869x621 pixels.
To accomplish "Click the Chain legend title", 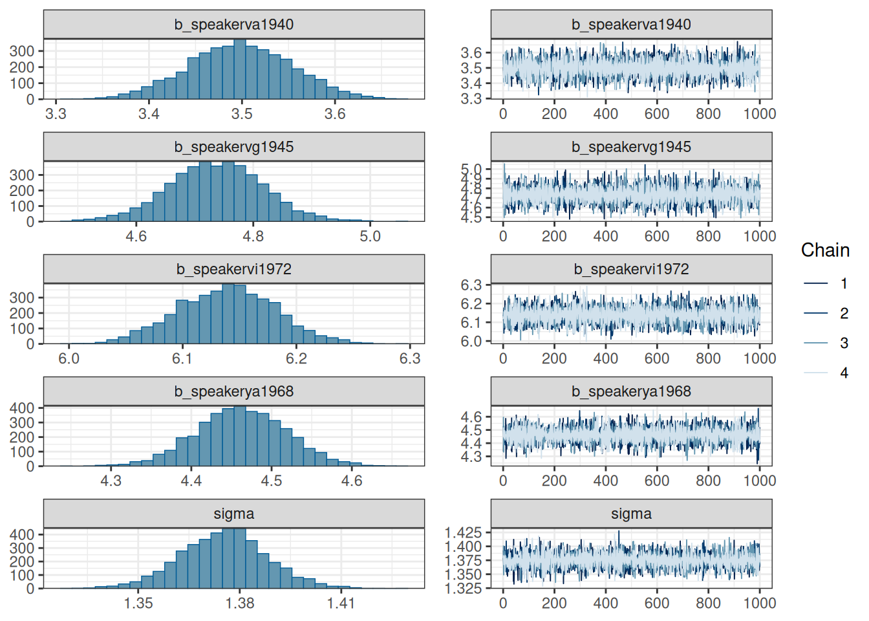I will [x=824, y=250].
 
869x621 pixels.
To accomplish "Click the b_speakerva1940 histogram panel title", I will [x=233, y=25].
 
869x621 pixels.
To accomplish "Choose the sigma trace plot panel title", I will [x=631, y=514].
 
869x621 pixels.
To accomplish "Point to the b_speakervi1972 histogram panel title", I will [x=233, y=269].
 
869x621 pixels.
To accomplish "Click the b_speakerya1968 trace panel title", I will [x=631, y=391].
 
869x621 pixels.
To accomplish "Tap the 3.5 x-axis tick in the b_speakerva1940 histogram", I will [x=242, y=114].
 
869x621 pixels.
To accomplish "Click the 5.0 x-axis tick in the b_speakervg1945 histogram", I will [x=370, y=236].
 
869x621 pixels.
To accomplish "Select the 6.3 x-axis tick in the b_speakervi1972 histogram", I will [x=410, y=358].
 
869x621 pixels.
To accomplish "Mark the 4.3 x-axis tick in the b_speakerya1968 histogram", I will [x=111, y=481].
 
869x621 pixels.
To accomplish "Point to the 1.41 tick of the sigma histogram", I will [x=341, y=603].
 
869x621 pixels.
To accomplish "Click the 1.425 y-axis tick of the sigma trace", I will [x=463, y=532].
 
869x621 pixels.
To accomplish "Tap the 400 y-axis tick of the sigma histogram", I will [x=22, y=534].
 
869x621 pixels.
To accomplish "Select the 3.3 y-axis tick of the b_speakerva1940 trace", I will [x=471, y=98].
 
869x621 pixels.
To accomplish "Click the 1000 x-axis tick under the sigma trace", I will [x=759, y=603].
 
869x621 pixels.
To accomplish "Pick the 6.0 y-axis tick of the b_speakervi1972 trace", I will [x=471, y=341].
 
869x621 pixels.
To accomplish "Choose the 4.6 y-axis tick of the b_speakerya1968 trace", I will [x=471, y=417].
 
